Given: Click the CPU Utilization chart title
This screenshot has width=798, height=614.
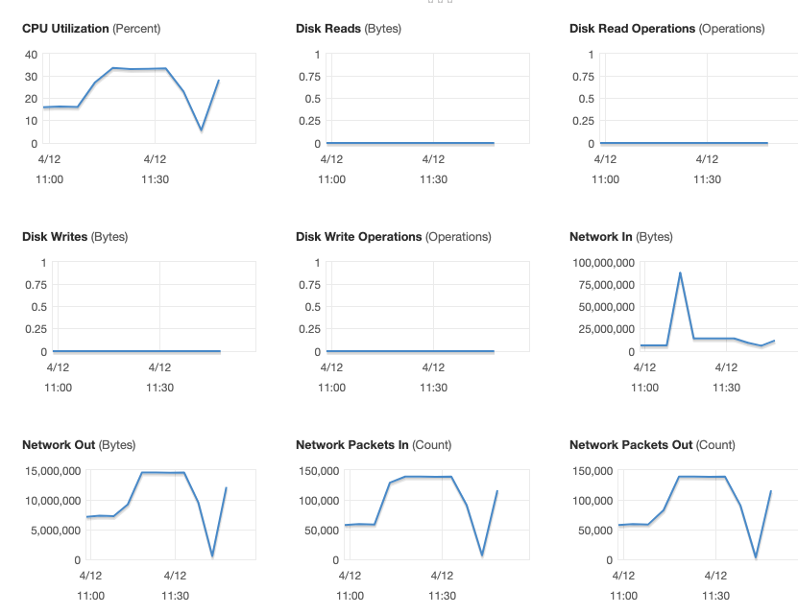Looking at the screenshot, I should pyautogui.click(x=91, y=29).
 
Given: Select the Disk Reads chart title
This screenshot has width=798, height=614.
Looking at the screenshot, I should pyautogui.click(x=348, y=29).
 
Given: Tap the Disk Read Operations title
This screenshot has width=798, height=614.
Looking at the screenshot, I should pyautogui.click(x=666, y=29).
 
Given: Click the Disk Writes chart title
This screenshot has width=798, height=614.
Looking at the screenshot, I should pyautogui.click(x=74, y=237).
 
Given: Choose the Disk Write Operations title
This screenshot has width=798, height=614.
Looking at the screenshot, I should pyautogui.click(x=393, y=237).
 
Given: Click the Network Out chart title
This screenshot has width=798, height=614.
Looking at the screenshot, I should pyautogui.click(x=79, y=445).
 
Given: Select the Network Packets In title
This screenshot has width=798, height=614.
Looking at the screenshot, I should pyautogui.click(x=374, y=445).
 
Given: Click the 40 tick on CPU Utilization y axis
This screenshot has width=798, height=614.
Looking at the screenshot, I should pyautogui.click(x=32, y=55).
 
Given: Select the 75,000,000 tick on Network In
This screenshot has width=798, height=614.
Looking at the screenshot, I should pyautogui.click(x=605, y=285).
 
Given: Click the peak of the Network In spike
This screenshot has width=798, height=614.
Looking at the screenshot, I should pyautogui.click(x=680, y=273).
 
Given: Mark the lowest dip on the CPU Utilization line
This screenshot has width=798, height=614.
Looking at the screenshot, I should pyautogui.click(x=201, y=130).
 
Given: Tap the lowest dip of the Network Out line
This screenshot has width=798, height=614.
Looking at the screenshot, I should pyautogui.click(x=212, y=555).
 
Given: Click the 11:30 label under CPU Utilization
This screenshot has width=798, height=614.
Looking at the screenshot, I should pyautogui.click(x=155, y=179).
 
